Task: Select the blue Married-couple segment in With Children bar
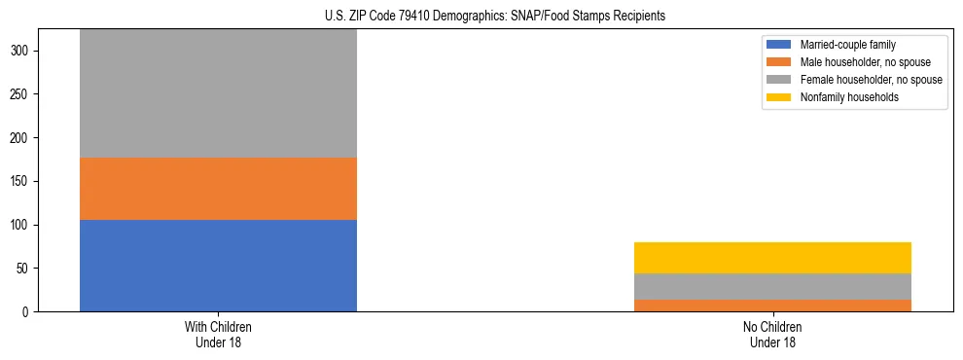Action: [218, 266]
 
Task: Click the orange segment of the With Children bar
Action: [218, 189]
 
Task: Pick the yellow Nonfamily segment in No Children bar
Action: [772, 258]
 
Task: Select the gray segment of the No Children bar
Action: [772, 286]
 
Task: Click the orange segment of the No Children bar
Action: [772, 306]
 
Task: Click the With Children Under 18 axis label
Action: [218, 335]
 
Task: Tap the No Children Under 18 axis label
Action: [772, 335]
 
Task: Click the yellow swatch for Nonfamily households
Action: [780, 97]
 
